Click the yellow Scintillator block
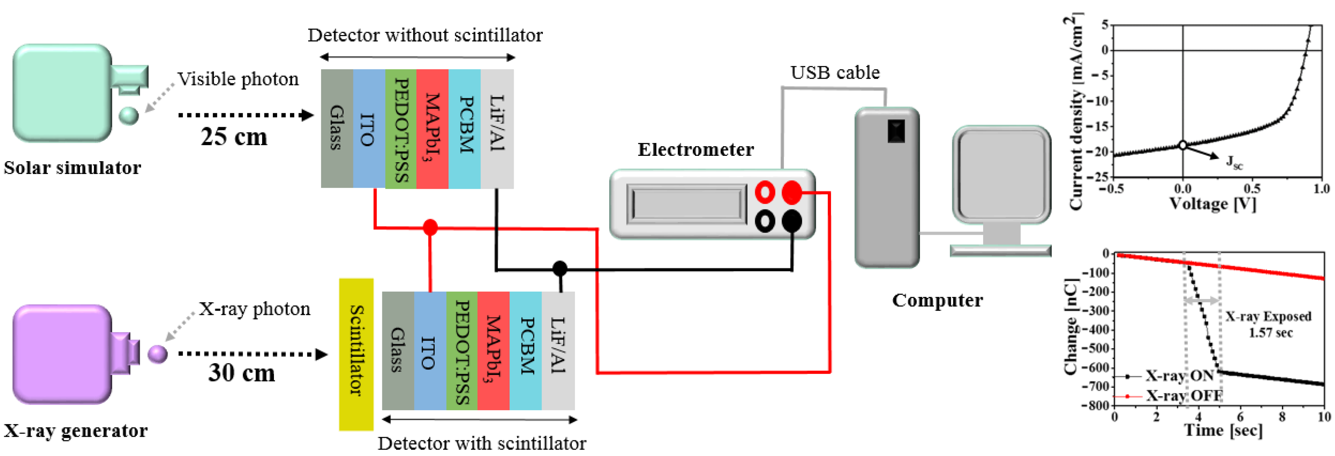[356, 354]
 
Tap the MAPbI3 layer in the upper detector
[432, 129]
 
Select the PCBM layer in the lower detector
[526, 351]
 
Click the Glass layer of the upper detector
[337, 129]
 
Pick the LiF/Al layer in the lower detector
[558, 351]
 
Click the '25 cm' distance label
[234, 137]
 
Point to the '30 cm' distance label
[242, 373]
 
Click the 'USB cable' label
[835, 73]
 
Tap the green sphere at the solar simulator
[129, 115]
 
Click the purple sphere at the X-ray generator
[158, 354]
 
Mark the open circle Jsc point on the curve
[1182, 145]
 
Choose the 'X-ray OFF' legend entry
[1184, 396]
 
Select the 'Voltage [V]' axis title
[1213, 203]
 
